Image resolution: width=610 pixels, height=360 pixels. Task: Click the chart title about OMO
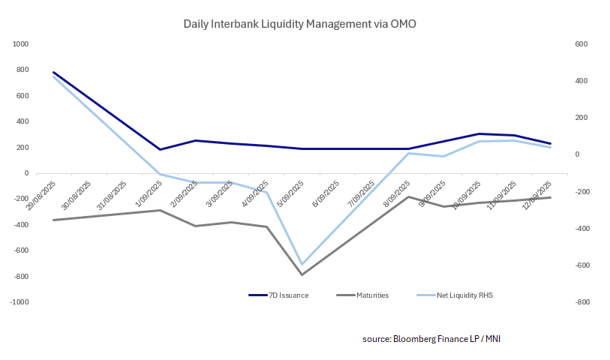coord(299,24)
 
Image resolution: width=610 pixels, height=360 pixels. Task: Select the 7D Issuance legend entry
coord(289,295)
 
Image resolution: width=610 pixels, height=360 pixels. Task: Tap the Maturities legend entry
coord(372,295)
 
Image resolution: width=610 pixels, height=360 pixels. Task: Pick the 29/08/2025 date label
coord(39,194)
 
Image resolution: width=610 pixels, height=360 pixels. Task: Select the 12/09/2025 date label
coord(537,194)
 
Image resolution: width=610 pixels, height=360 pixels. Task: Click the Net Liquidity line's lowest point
coord(302,265)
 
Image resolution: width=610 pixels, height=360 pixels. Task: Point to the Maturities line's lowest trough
coord(302,274)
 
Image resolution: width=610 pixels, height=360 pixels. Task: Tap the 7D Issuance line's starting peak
coord(53,73)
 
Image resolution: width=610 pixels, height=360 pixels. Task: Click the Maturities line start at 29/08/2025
coord(53,220)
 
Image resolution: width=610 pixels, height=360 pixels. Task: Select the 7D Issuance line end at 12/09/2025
coord(551,143)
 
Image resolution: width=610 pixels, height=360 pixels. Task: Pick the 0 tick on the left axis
coord(26,173)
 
